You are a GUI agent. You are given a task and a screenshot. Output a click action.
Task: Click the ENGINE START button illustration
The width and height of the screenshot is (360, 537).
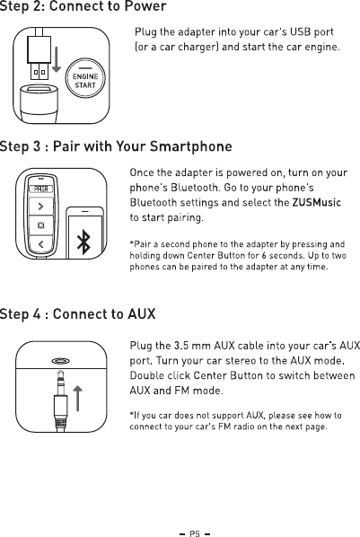[85, 78]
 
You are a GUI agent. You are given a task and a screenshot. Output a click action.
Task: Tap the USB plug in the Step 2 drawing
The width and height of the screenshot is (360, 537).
[39, 57]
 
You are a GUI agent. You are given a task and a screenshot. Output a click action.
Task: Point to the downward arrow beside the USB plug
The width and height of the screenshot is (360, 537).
[57, 59]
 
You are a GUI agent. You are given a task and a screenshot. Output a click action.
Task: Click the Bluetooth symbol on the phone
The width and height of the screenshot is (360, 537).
[83, 242]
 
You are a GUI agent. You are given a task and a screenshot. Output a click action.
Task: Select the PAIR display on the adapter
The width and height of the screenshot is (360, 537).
[41, 189]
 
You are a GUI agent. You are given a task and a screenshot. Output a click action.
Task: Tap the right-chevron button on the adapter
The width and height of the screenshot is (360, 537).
[41, 207]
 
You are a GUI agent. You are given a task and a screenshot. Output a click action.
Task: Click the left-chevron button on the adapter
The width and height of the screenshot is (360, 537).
[41, 244]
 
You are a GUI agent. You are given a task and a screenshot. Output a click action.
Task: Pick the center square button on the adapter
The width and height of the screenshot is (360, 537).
[41, 225]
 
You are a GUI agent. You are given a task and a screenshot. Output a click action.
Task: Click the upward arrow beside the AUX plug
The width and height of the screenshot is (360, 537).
[78, 399]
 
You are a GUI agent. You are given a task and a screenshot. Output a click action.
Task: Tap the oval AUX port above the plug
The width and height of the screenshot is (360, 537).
[61, 361]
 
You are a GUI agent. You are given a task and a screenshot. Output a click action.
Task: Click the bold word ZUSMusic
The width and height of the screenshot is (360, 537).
[317, 203]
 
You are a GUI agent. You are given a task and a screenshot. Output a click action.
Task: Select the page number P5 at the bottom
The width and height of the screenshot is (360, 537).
[195, 533]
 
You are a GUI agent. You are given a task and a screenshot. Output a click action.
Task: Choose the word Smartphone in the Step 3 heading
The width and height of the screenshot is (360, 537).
[191, 146]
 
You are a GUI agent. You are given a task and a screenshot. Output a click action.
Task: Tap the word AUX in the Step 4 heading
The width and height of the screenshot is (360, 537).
[142, 314]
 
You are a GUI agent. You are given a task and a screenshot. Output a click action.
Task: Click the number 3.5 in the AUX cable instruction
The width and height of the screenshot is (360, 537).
[181, 346]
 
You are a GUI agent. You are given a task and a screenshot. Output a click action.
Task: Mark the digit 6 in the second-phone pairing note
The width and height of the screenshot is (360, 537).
[263, 256]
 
